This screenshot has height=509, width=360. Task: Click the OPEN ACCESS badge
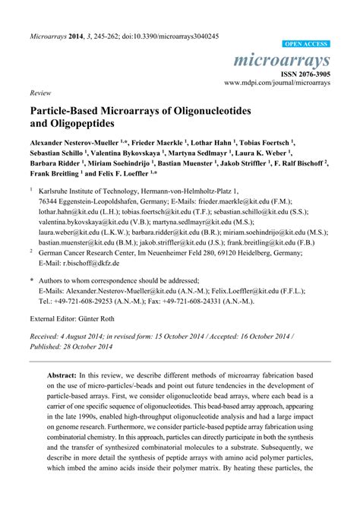point(306,45)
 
